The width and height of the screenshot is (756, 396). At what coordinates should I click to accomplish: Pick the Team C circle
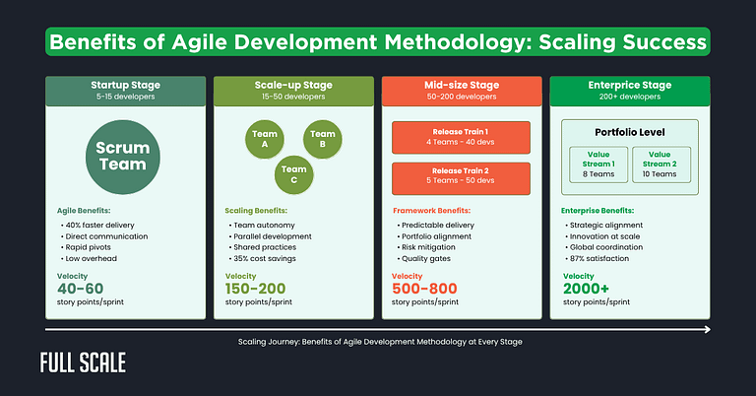(293, 173)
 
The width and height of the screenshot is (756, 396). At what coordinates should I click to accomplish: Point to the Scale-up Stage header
(292, 90)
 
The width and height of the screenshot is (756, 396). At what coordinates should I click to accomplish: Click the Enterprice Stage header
(630, 90)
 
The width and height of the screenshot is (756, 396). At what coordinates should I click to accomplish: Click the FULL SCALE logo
(83, 362)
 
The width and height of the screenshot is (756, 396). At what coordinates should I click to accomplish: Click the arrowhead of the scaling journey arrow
(706, 330)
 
